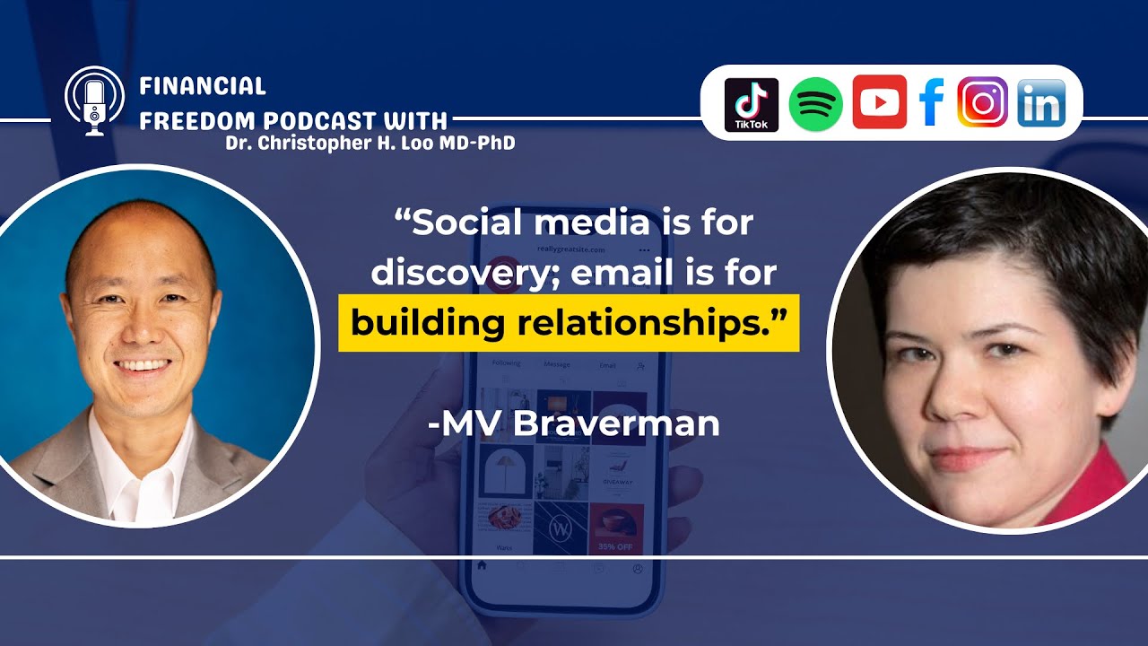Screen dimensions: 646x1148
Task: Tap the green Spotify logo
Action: (815, 104)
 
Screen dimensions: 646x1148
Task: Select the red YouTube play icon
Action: (879, 102)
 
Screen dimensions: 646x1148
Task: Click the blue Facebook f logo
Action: (932, 103)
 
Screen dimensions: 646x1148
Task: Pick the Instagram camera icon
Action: (983, 102)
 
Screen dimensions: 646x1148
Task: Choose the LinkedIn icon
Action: (1041, 103)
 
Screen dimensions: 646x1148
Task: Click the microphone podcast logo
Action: (94, 101)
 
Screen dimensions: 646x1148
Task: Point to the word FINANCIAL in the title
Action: (203, 86)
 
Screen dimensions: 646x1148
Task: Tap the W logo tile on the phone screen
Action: (561, 529)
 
